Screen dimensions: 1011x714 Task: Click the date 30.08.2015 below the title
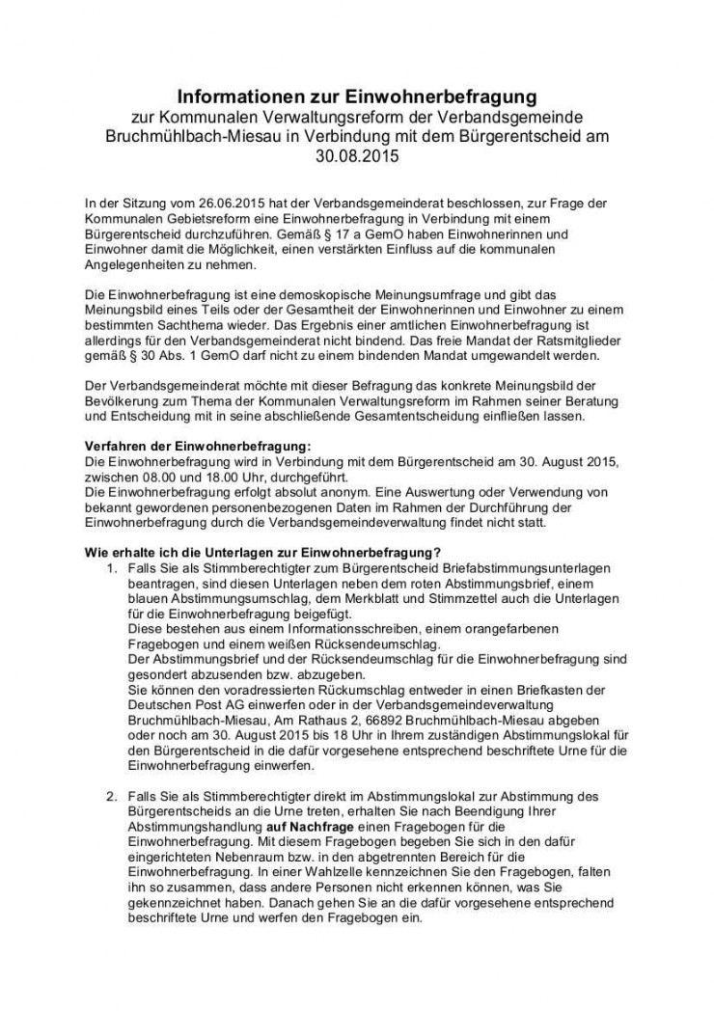click(356, 153)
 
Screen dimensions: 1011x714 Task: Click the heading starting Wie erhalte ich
click(263, 552)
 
